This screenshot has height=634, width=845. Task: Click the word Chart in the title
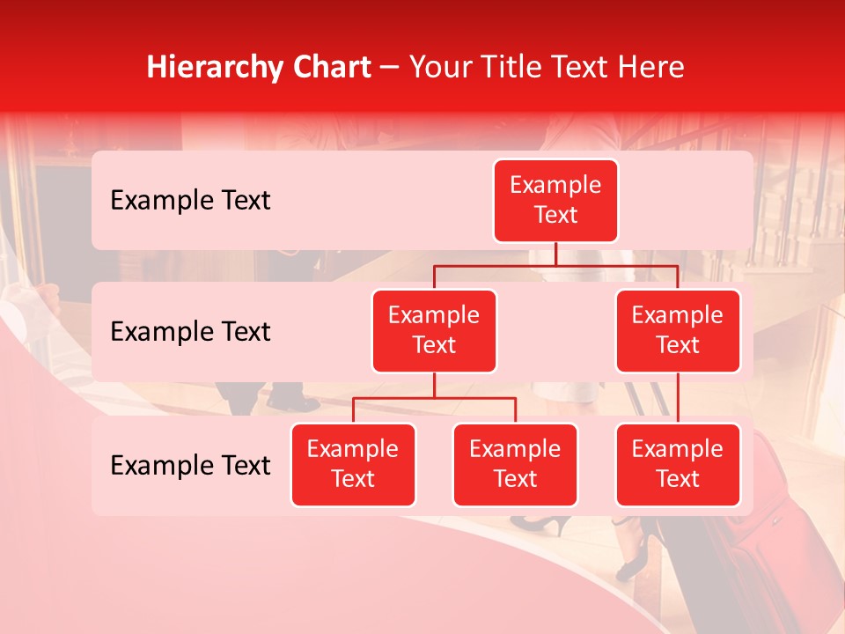329,67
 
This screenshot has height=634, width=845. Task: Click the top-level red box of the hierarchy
555,201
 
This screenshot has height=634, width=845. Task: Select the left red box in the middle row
434,331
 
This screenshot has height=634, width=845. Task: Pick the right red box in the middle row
678,331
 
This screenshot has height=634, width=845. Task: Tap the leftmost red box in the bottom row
353,465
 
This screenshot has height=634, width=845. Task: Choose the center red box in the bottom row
515,465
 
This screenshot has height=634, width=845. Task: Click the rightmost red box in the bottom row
678,465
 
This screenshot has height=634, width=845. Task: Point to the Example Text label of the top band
190,201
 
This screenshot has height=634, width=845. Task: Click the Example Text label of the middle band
190,332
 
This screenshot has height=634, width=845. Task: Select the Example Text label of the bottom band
190,466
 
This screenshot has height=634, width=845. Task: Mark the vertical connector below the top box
555,254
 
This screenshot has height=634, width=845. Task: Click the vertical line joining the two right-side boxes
678,398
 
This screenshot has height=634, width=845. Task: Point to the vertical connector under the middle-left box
434,385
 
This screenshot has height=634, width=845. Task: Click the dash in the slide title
389,68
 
